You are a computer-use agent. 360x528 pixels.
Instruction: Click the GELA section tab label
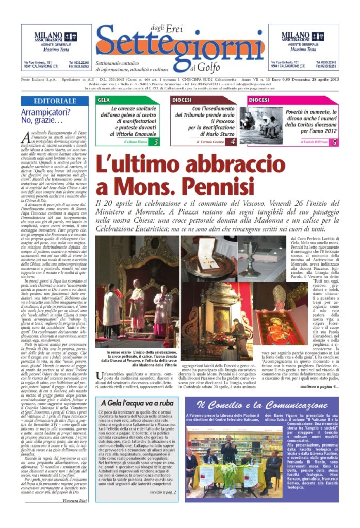[104, 100]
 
